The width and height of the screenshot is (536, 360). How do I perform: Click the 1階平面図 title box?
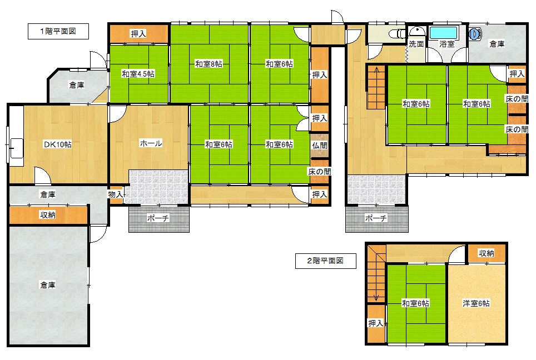58,32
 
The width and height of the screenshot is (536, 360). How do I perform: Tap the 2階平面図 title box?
325,261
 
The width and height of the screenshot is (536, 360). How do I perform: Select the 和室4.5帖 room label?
138,74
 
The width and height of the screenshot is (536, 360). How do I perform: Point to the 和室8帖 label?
209,64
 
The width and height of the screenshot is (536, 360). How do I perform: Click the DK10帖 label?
58,144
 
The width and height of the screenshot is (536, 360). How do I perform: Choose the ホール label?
151,143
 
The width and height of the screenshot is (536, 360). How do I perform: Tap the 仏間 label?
320,146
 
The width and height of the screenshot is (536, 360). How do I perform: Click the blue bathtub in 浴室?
443,33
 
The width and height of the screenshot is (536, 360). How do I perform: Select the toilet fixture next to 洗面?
397,33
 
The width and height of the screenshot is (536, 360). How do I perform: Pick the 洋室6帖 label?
476,303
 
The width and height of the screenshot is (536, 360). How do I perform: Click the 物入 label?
116,194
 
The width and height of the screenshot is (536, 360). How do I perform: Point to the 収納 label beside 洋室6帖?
486,253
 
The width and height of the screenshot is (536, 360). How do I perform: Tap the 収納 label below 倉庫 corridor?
48,215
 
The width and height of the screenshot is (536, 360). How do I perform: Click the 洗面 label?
416,44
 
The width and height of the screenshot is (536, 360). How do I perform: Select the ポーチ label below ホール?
158,218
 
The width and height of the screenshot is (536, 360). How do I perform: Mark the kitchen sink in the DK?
16,148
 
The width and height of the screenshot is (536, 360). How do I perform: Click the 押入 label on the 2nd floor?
375,323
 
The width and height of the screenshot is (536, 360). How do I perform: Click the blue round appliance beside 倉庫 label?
475,34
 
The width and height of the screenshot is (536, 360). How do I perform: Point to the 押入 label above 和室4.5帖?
138,34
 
